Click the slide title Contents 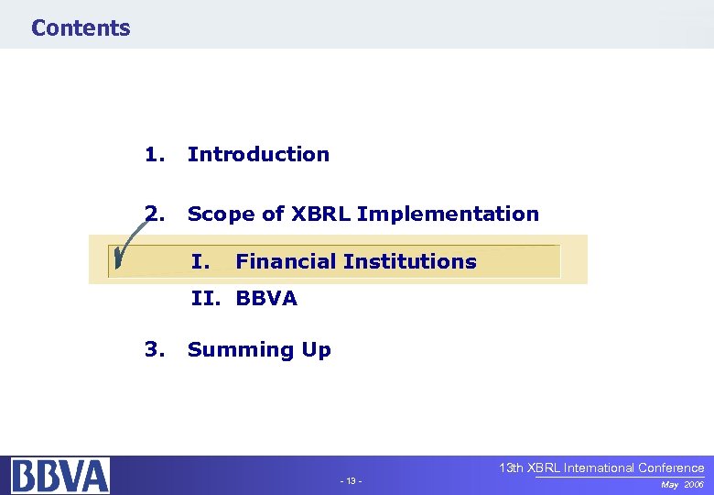tap(81, 27)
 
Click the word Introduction tap(258, 154)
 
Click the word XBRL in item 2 tap(320, 214)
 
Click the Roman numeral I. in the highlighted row tap(201, 261)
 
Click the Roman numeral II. tap(206, 298)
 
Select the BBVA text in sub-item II tap(266, 298)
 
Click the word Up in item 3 tap(315, 349)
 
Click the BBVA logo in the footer tap(60, 475)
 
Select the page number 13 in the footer tap(351, 481)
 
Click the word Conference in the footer tap(670, 467)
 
